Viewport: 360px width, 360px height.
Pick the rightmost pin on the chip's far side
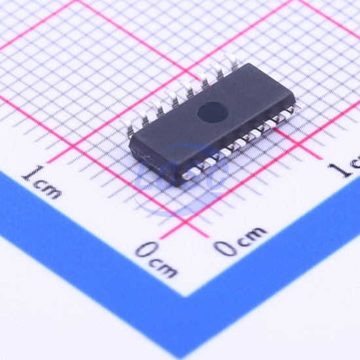click(231, 61)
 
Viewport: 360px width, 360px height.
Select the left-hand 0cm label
click(156, 259)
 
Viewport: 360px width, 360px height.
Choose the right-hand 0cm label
click(240, 241)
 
